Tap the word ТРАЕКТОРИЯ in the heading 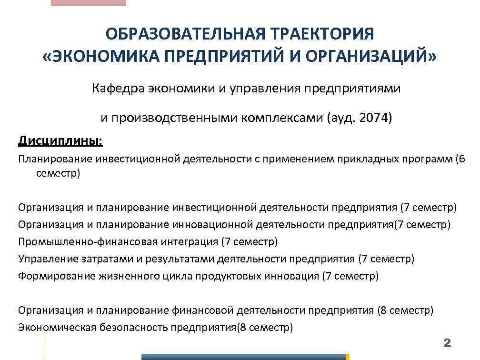(323, 35)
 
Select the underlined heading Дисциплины (60, 141)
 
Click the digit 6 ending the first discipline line (461, 159)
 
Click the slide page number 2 (447, 343)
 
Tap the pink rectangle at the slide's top (88, 3)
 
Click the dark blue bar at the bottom (243, 357)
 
